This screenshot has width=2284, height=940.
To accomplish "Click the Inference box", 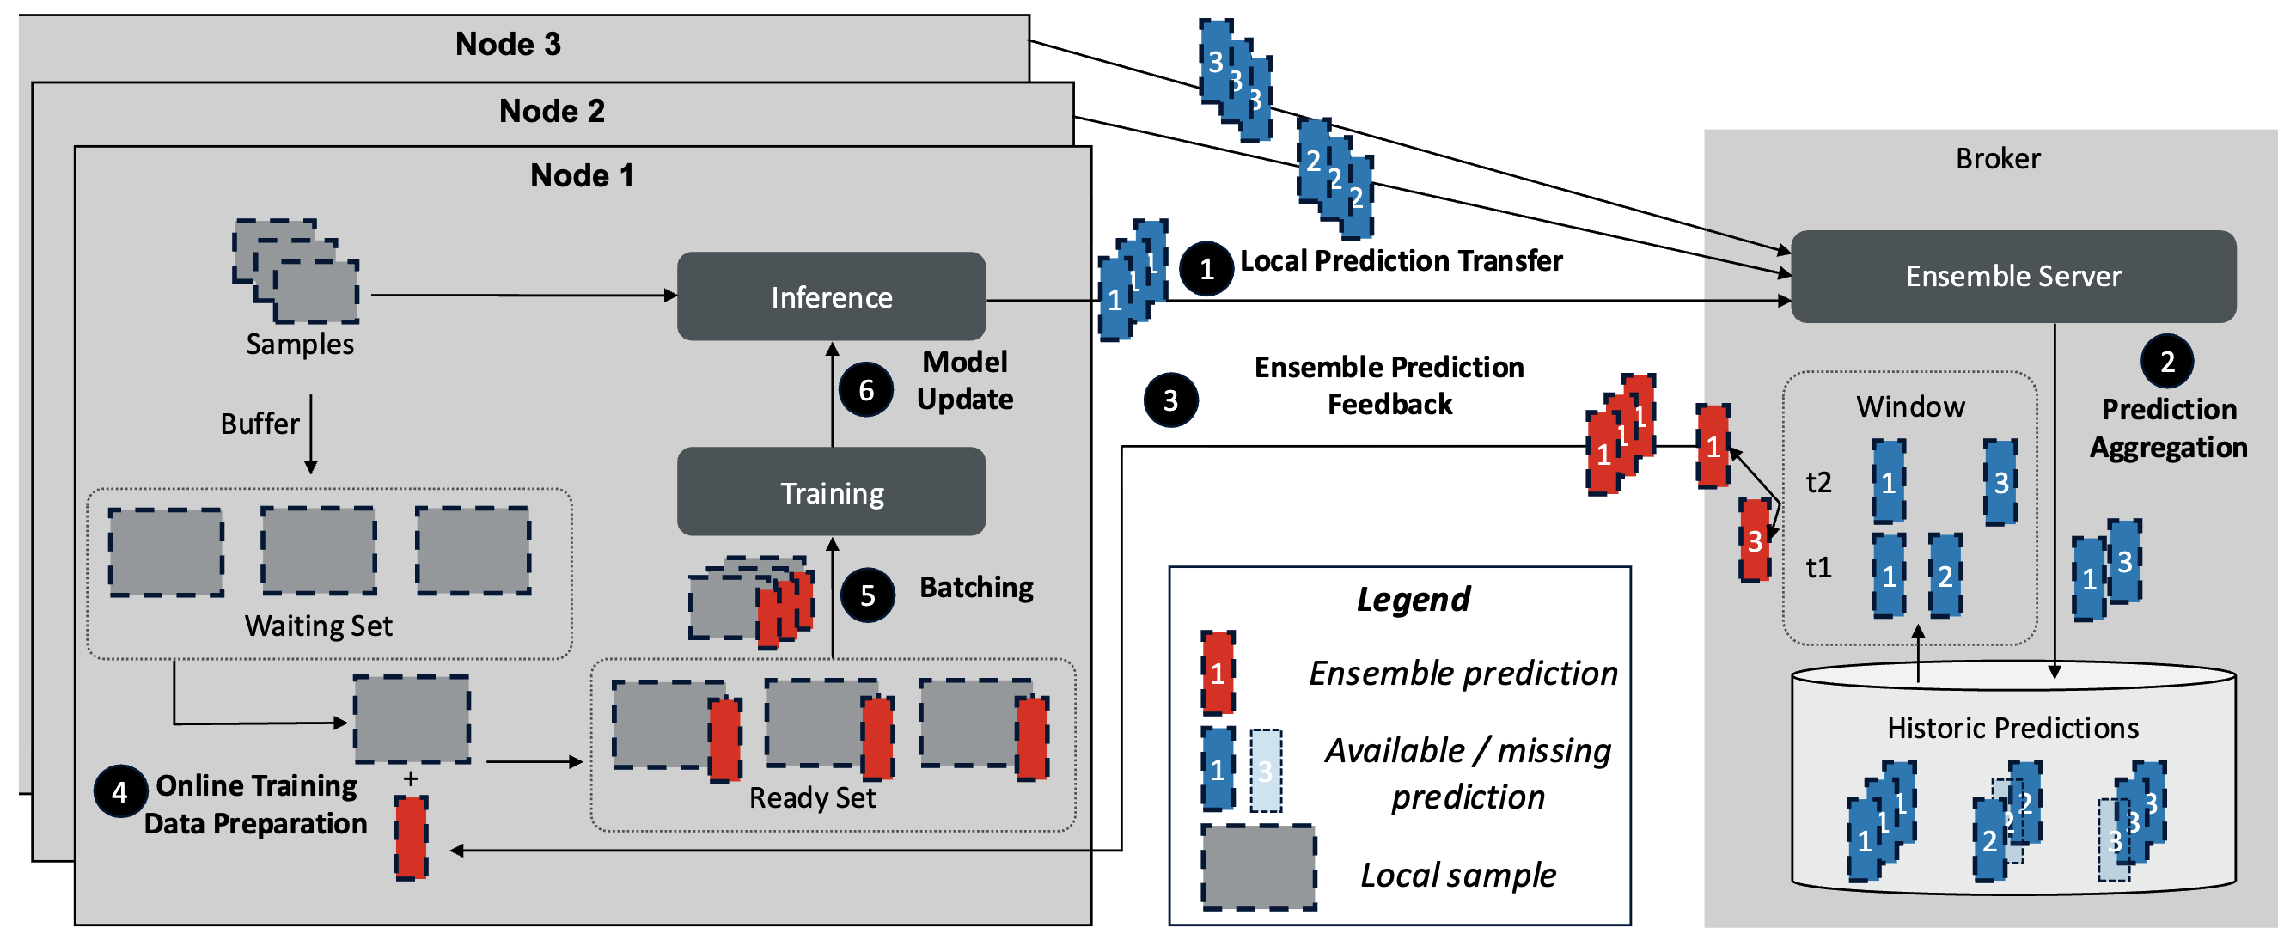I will [831, 296].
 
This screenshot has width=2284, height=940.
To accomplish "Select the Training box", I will [831, 492].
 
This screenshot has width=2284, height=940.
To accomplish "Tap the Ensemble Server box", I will [2012, 276].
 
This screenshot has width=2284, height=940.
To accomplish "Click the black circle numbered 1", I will [1206, 268].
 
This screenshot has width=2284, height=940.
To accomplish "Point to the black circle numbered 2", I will [2166, 361].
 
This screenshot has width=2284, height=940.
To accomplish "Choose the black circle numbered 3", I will [1170, 400].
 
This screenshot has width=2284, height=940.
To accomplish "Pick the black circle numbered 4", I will [119, 791].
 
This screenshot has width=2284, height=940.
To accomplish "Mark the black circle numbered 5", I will [866, 595].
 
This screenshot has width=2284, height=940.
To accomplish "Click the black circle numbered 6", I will [865, 389].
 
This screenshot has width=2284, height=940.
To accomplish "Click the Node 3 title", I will [508, 44].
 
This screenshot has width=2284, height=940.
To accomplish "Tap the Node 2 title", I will [552, 111].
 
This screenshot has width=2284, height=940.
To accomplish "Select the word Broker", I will [1997, 159].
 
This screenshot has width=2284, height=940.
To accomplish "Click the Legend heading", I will [1414, 600].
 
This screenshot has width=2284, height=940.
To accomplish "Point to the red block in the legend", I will [1218, 673].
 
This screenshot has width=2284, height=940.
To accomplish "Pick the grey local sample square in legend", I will [1257, 866].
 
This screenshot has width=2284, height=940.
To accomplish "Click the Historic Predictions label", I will [2012, 728].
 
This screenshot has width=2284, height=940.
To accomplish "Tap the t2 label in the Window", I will [1818, 482].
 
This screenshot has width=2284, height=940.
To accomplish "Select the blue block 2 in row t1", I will [1945, 576].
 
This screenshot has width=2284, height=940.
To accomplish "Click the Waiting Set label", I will [318, 626].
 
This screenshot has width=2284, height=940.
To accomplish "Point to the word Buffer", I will [259, 424].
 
